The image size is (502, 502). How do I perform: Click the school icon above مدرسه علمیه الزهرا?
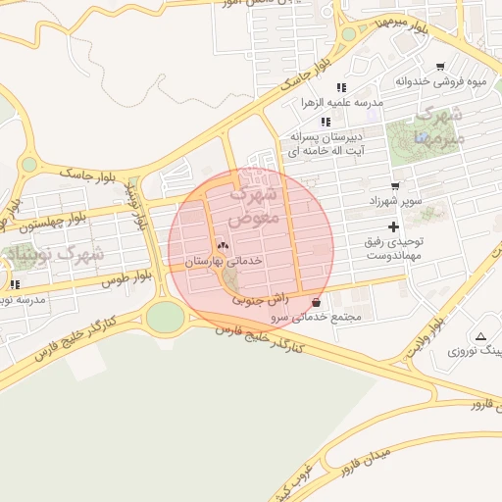tap(341, 87)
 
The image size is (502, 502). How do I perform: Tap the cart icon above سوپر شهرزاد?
tap(395, 185)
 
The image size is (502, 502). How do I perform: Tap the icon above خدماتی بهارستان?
tap(222, 247)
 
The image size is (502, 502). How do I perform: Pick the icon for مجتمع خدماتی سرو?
tap(315, 303)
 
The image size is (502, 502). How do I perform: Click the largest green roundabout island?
tap(165, 317)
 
